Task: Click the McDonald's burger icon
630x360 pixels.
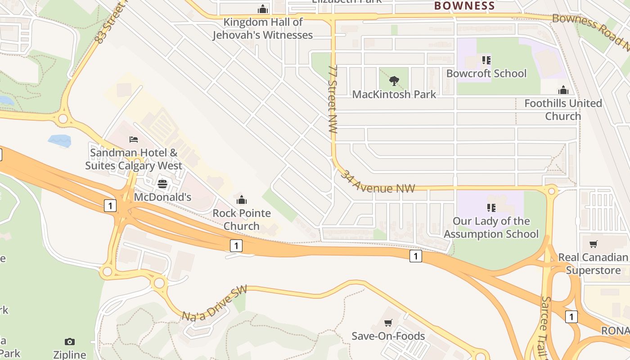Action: pos(162,184)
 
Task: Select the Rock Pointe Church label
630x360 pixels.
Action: pos(242,219)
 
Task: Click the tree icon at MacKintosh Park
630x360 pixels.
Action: pos(394,81)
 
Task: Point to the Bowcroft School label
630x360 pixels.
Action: pos(486,73)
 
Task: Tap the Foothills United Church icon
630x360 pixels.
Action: pos(563,90)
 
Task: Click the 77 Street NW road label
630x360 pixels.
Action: pos(333,99)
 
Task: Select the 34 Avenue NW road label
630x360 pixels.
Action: pos(377,182)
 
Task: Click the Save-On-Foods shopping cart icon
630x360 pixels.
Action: pos(388,323)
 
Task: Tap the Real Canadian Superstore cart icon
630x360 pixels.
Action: pos(594,244)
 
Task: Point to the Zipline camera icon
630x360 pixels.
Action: pos(69,342)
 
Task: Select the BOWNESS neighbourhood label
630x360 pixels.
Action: pos(464,6)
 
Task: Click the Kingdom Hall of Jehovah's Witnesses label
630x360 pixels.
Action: pos(263,28)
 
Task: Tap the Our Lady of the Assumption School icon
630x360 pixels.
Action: pos(491,207)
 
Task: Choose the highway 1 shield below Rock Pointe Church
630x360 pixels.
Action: pos(236,246)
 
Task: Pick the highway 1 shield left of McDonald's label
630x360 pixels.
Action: pos(110,206)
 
